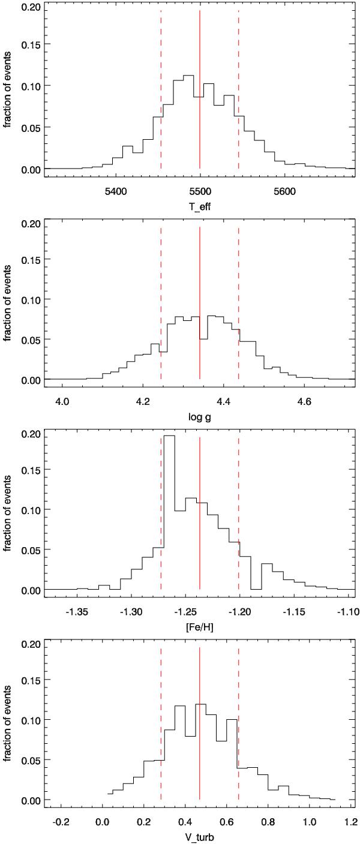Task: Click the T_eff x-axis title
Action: [x=199, y=208]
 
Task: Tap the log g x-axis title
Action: [x=199, y=418]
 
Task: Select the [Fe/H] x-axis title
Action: [x=199, y=629]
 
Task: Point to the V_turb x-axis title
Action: [x=199, y=839]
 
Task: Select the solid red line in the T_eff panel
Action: [x=200, y=90]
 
